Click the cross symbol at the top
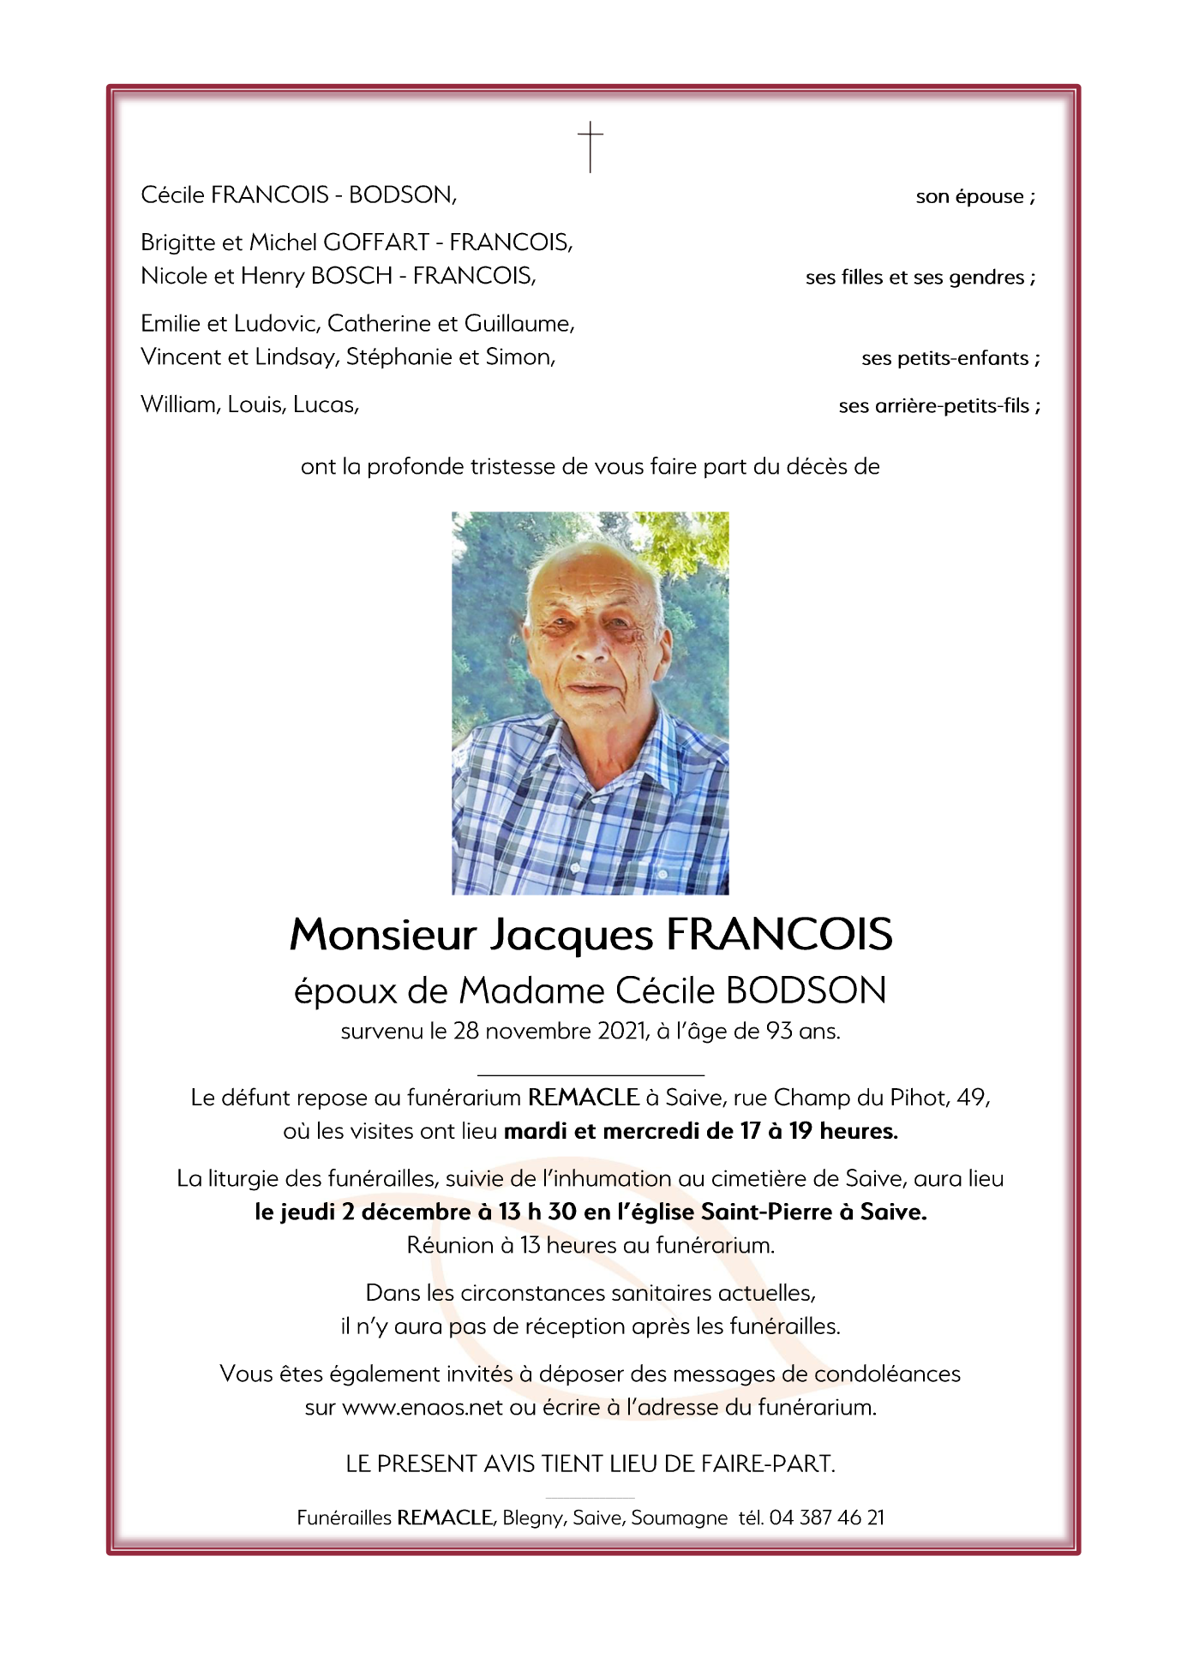pyautogui.click(x=590, y=147)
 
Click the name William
pyautogui.click(x=178, y=404)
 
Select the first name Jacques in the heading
pyautogui.click(x=572, y=935)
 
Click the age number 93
pyautogui.click(x=779, y=1031)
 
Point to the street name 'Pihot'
pyautogui.click(x=918, y=1098)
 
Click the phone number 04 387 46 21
pyautogui.click(x=826, y=1517)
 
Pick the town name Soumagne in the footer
pyautogui.click(x=680, y=1517)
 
